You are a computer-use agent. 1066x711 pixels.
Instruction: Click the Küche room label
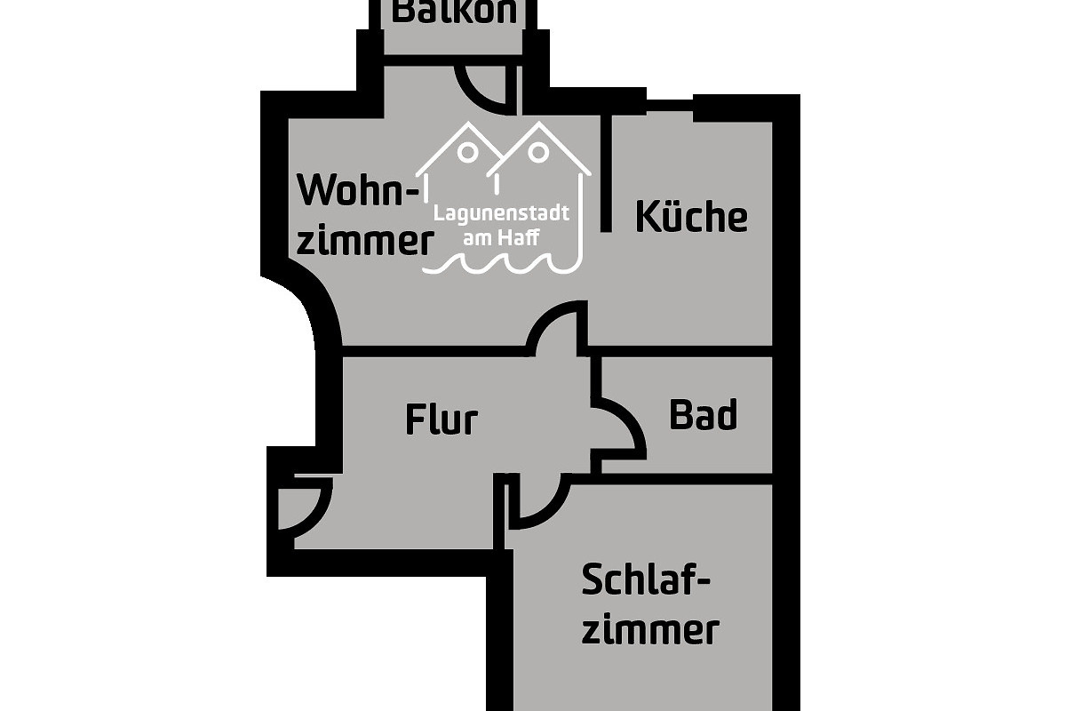click(x=691, y=217)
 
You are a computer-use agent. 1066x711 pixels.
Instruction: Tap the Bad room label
click(x=703, y=415)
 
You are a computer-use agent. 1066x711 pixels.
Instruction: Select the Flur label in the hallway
click(x=442, y=419)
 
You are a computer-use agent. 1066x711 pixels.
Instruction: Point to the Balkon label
click(x=454, y=12)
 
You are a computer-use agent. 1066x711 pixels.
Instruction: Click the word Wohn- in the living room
click(x=359, y=190)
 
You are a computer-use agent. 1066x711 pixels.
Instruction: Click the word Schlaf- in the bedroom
click(x=646, y=579)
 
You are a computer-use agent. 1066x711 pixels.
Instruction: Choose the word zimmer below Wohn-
click(x=364, y=240)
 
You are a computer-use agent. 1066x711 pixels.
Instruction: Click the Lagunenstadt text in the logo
click(x=501, y=213)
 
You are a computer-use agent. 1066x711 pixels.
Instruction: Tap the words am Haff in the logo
click(x=501, y=237)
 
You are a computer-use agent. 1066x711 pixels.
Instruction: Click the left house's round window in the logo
click(x=468, y=152)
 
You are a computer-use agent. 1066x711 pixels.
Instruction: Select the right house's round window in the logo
click(x=538, y=152)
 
